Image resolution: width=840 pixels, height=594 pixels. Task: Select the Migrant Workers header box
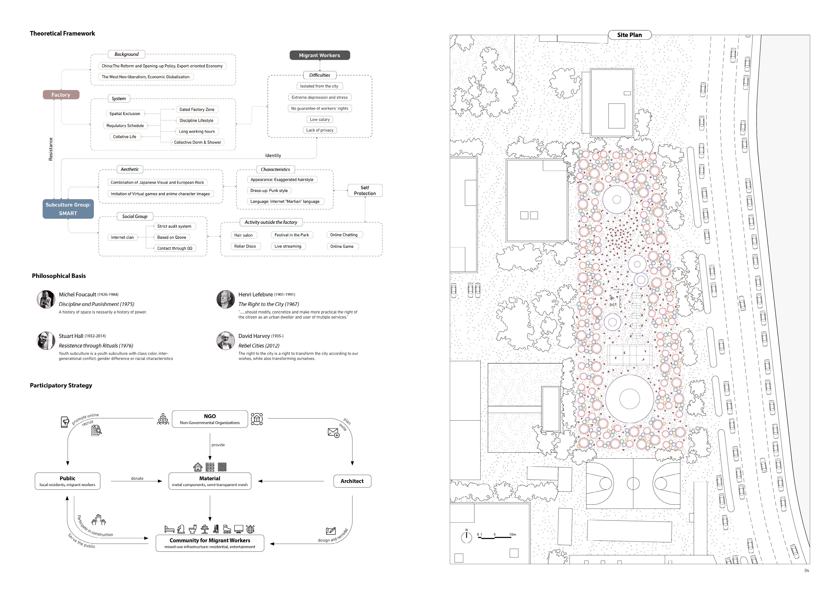pos(319,55)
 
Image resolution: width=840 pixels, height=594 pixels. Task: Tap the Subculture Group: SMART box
pos(68,209)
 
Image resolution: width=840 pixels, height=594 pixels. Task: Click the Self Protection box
pos(365,191)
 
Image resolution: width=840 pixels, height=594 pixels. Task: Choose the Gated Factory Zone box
pos(197,109)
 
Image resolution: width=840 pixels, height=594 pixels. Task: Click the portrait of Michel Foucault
pos(46,299)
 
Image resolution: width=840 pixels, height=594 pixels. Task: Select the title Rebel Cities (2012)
pos(259,346)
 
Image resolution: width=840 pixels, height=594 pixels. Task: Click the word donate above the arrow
pos(137,478)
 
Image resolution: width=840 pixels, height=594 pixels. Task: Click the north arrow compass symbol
pos(467,537)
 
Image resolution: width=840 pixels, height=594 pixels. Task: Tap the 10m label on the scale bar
pos(513,534)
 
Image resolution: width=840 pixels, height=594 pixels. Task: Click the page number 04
pos(807,571)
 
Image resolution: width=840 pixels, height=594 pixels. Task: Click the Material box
pos(210,481)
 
